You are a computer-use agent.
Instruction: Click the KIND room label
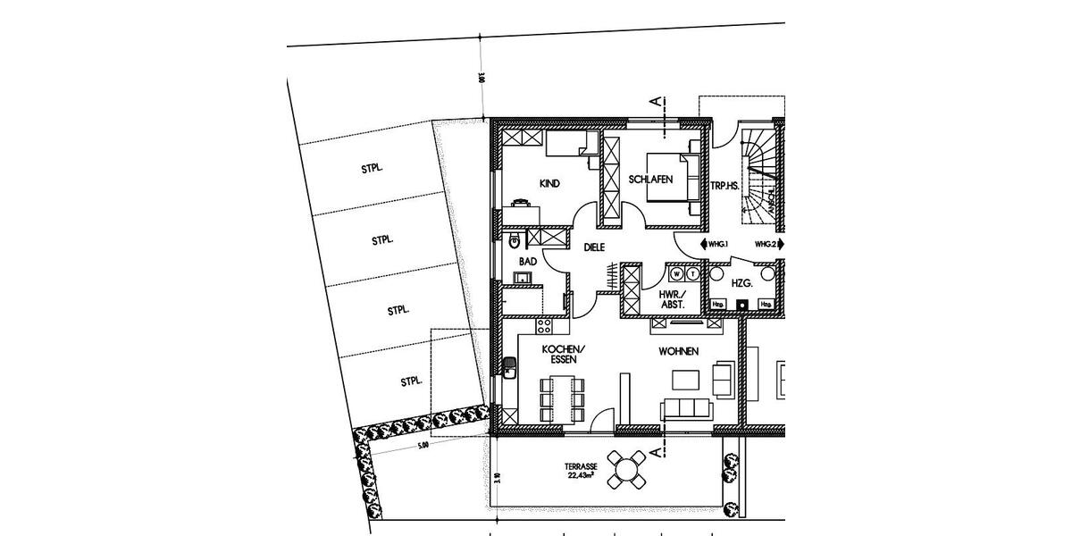(x=549, y=184)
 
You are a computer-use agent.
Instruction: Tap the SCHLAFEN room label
(x=650, y=180)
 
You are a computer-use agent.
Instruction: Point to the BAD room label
(x=527, y=262)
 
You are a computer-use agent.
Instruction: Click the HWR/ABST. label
(x=672, y=299)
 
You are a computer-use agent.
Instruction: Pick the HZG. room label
(x=741, y=282)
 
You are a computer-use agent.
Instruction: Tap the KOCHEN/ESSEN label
(x=563, y=354)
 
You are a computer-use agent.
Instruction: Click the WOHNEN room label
(x=678, y=351)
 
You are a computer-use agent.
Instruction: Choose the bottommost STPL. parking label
(x=411, y=381)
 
